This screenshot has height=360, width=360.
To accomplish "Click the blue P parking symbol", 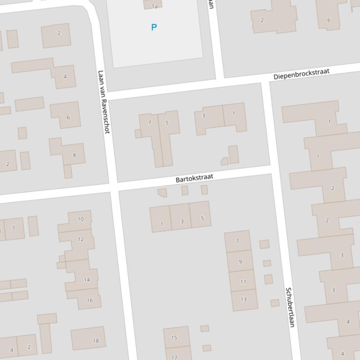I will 154,28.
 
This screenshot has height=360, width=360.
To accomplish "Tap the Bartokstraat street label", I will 194,178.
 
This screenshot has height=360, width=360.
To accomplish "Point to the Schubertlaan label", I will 290,307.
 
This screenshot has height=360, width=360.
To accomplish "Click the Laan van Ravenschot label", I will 103,102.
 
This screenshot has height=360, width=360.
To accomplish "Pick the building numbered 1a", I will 154,6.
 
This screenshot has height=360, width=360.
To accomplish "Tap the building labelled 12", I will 81,239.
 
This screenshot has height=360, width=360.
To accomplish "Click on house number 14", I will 87,280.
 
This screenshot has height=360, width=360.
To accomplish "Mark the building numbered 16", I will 89,300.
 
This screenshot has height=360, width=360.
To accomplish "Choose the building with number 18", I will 96,341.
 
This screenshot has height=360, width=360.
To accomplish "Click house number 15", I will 174,337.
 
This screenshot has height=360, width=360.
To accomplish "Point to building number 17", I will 175,355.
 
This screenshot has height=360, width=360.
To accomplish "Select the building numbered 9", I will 240,261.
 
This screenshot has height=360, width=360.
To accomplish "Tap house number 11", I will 243,281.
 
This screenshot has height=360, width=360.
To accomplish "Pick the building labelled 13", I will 243,299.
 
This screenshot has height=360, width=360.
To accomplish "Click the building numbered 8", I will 73,155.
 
